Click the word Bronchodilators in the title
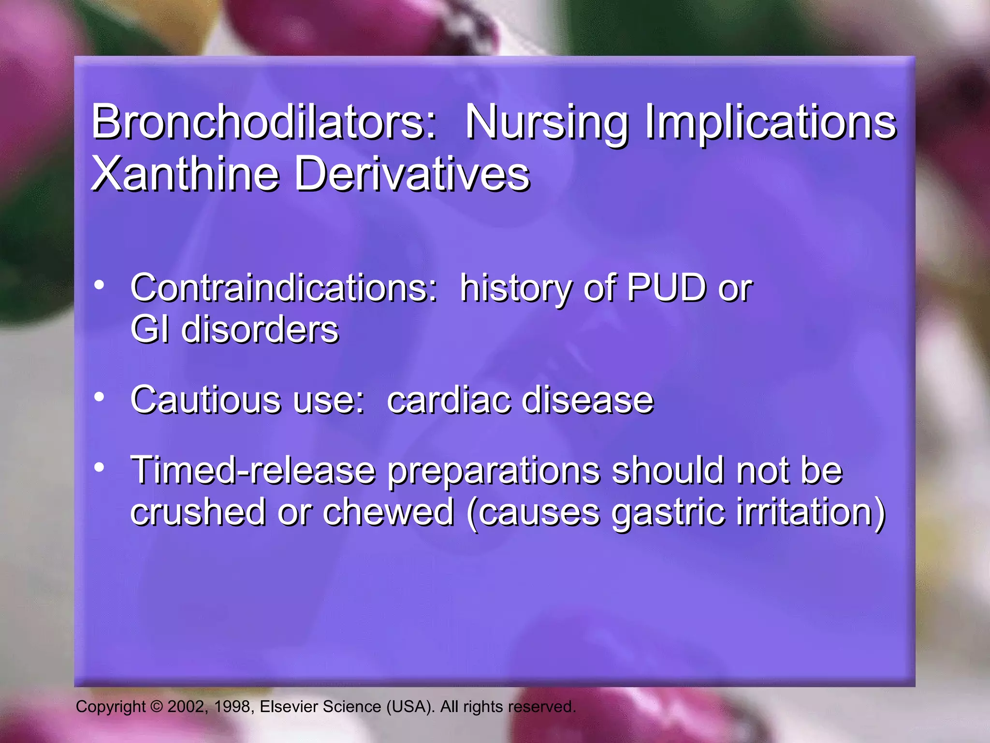click(263, 122)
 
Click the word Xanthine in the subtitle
click(186, 174)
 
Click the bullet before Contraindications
click(99, 285)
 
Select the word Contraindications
click(283, 288)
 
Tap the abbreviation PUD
click(666, 288)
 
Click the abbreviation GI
click(150, 330)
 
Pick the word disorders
click(260, 330)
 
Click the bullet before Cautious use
click(99, 397)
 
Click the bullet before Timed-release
click(99, 467)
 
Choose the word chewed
click(388, 512)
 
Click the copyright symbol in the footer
click(156, 707)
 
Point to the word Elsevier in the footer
click(289, 707)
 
